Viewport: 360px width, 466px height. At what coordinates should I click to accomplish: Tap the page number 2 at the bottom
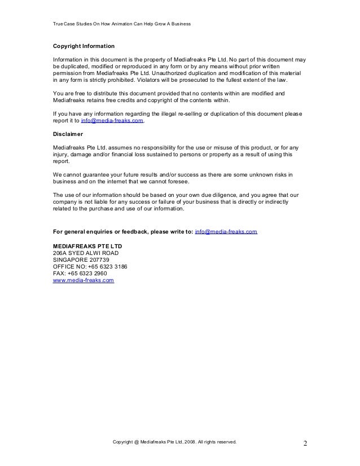point(305,443)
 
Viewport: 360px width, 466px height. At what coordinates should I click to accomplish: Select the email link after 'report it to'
point(112,121)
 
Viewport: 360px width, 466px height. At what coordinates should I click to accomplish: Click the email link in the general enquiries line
point(226,232)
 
